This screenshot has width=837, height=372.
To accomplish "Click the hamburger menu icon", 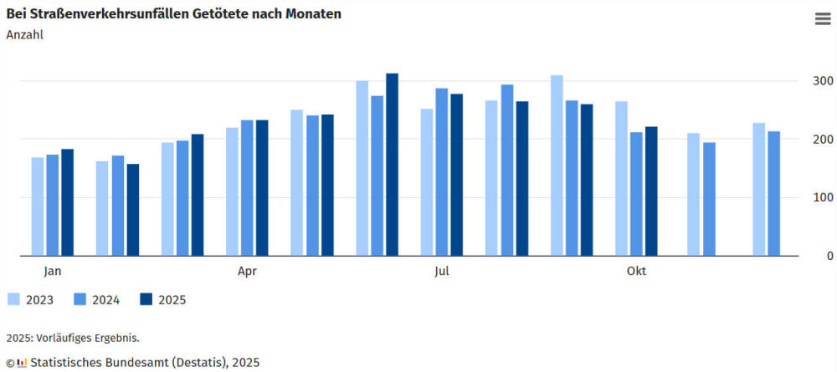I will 822,20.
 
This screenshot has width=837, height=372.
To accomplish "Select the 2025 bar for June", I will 392,165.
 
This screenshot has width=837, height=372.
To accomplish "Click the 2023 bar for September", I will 557,166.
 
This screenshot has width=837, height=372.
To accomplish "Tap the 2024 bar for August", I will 507,170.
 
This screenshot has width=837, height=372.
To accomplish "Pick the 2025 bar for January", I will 68,202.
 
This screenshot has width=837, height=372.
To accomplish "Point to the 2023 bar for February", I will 102,208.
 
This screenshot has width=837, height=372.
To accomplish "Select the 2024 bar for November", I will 709,199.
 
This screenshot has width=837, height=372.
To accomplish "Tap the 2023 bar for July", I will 427,182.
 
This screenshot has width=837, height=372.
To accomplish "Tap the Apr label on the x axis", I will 247,271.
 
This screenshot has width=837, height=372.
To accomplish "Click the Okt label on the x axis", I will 636,271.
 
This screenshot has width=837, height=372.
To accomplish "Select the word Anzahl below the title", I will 24,34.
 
